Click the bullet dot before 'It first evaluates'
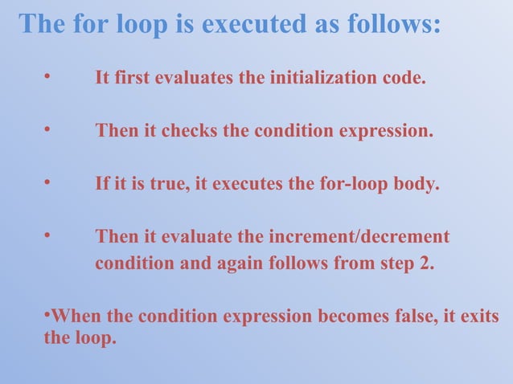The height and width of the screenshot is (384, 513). [48, 77]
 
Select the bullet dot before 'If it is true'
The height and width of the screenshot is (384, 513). [48, 182]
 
